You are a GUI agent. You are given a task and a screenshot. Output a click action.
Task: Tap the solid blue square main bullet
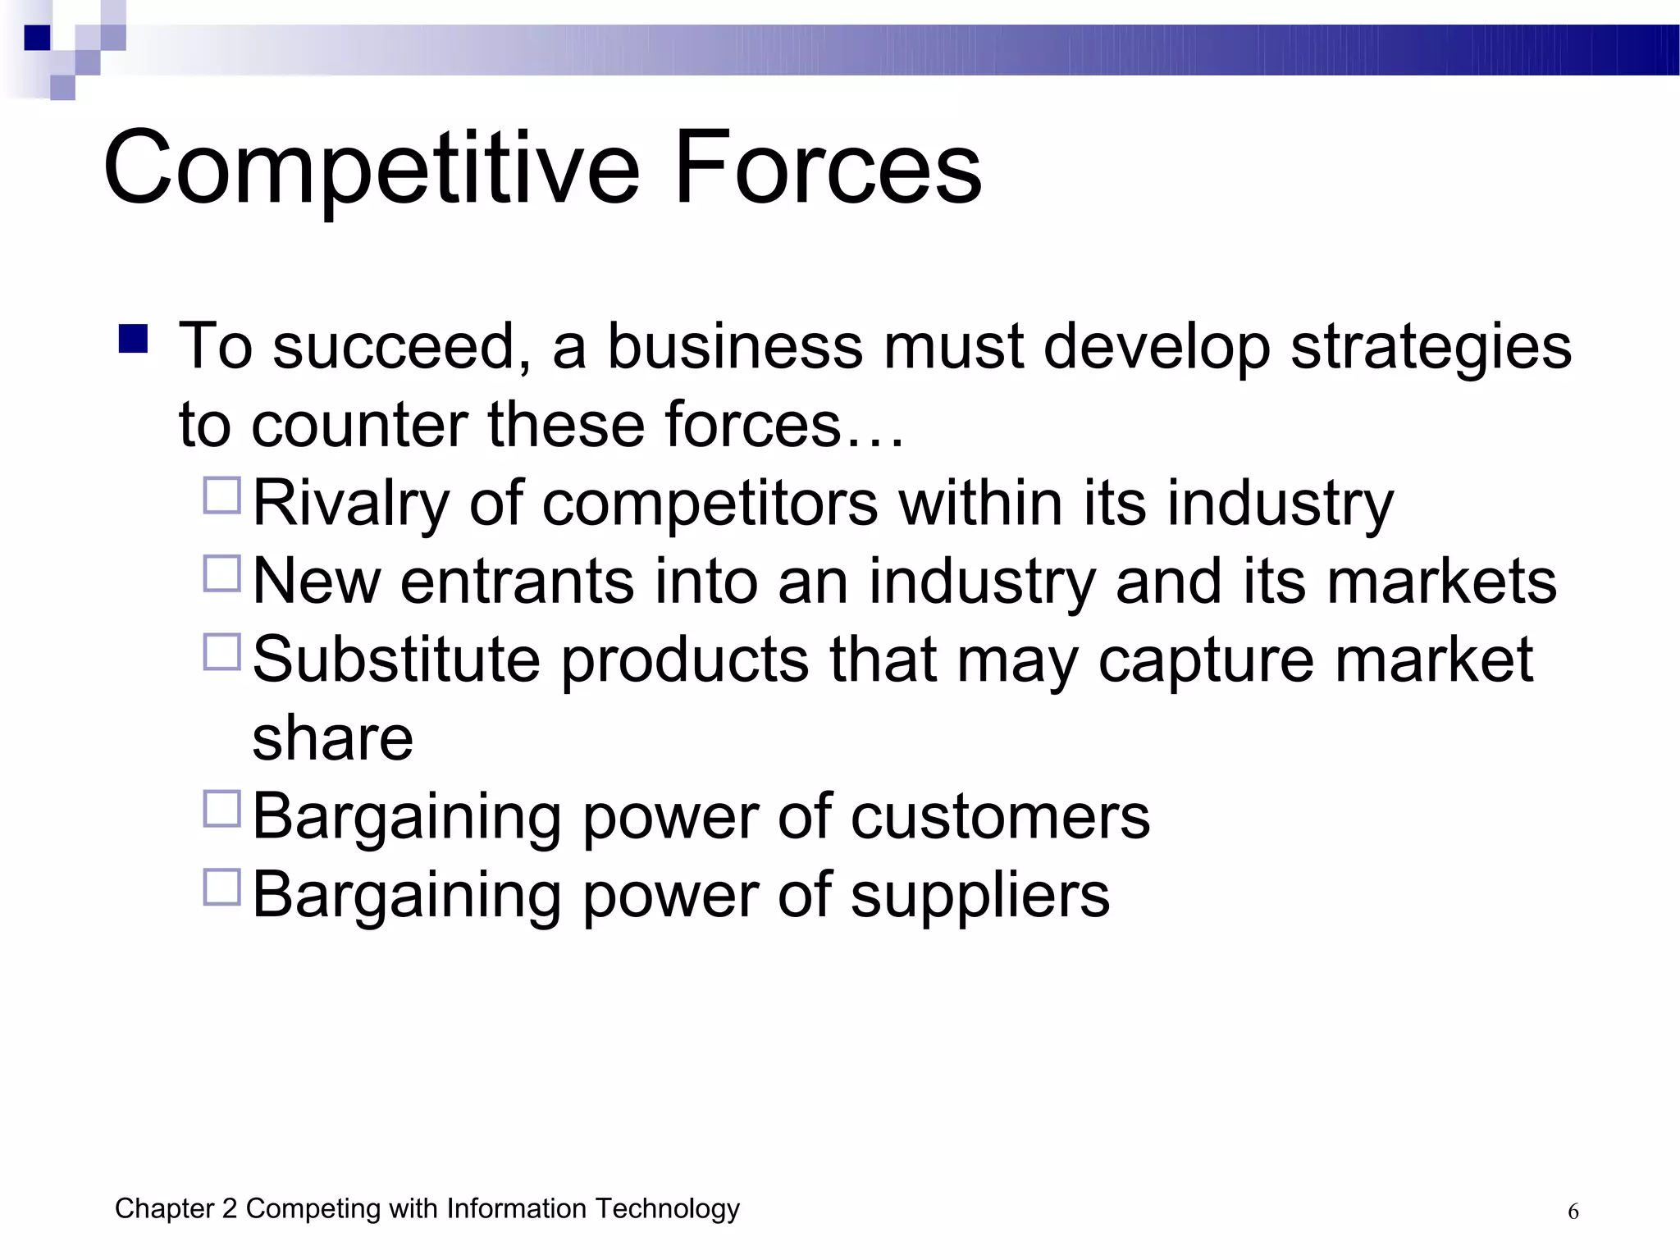(x=133, y=339)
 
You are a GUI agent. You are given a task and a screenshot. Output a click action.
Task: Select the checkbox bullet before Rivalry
(x=221, y=496)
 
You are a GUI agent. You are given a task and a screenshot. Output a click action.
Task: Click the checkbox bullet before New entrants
(x=221, y=574)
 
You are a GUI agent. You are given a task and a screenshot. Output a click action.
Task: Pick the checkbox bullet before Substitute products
(x=221, y=652)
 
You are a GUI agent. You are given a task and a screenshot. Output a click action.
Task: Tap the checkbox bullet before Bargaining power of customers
(x=221, y=809)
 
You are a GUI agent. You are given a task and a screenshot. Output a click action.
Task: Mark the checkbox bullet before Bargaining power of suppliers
(x=221, y=888)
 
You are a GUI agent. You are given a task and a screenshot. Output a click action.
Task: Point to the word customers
(x=1000, y=818)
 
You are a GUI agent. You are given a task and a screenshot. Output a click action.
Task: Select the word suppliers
(x=979, y=897)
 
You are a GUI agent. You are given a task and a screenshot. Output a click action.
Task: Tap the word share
(x=332, y=738)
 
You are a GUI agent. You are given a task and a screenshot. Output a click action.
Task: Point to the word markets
(x=1441, y=582)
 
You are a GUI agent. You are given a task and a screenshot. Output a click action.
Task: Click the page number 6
(x=1573, y=1212)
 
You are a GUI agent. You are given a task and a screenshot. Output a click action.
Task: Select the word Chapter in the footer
(x=164, y=1208)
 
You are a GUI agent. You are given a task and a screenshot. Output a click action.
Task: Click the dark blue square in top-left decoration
(x=38, y=38)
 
